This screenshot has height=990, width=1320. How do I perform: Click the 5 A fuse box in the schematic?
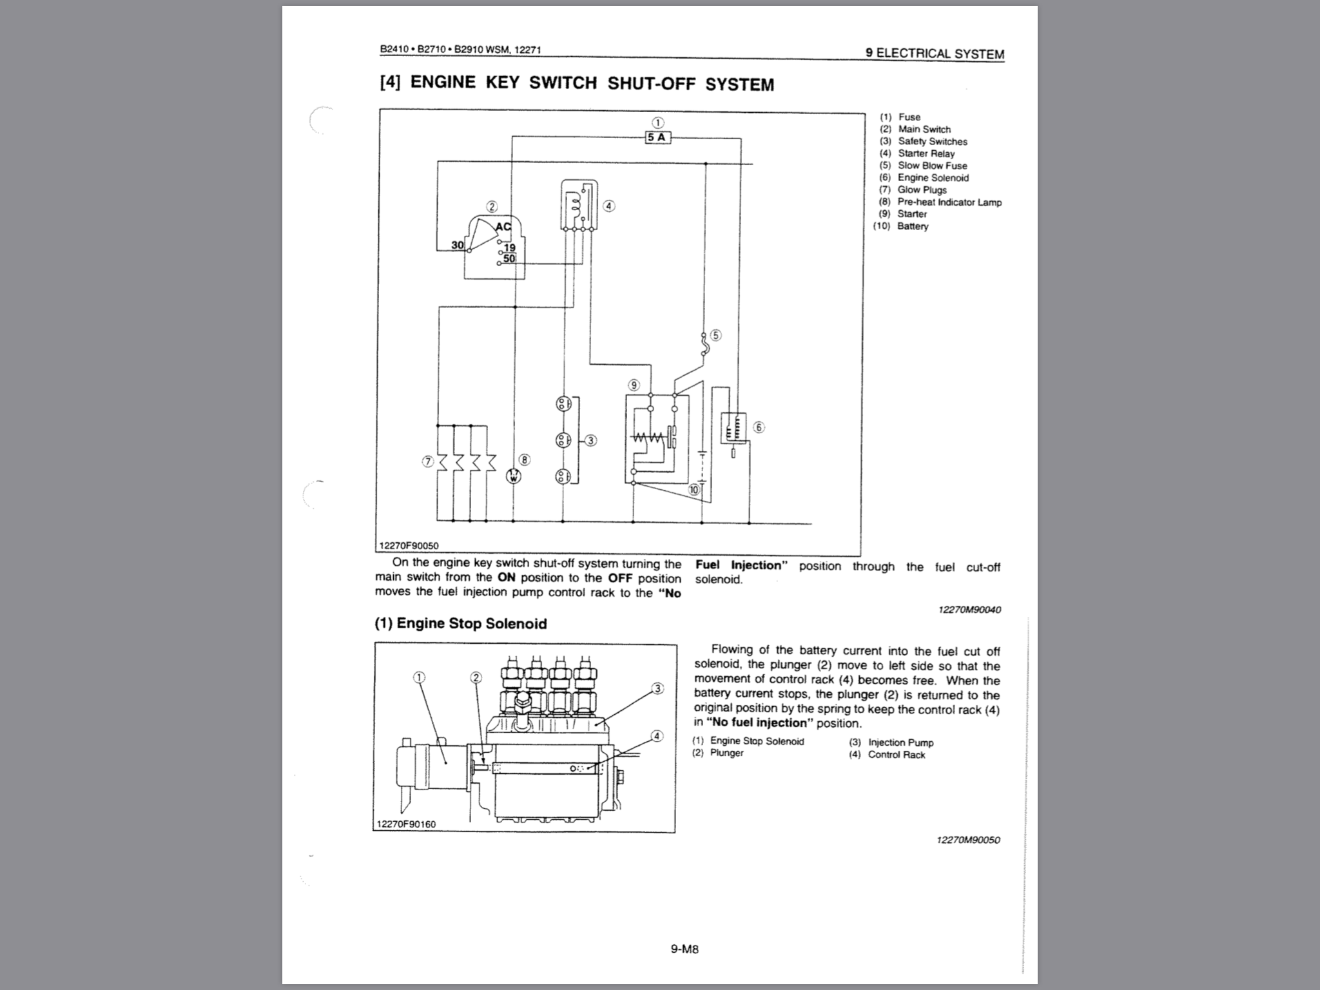pos(657,137)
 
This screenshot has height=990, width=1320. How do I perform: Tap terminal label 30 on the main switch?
pos(457,245)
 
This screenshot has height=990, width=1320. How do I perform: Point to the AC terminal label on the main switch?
pos(503,227)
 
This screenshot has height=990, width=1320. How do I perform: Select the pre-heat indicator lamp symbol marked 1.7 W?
pos(514,476)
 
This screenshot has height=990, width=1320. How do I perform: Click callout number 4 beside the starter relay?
pos(609,206)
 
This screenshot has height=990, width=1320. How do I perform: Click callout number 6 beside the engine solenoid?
pos(759,427)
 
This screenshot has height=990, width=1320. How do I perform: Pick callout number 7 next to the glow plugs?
pos(427,461)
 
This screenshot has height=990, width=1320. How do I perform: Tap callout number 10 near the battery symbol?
pos(694,490)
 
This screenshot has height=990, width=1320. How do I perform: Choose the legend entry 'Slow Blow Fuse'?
pos(932,166)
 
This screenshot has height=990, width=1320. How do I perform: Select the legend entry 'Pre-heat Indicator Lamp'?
pos(949,202)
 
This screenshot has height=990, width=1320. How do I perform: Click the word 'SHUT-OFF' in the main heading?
pos(651,84)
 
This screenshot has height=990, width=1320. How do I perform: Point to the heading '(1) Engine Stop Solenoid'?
pos(461,623)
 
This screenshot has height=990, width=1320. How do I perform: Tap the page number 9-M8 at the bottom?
pos(684,949)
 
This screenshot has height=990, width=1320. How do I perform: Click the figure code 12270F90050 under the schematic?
pos(409,546)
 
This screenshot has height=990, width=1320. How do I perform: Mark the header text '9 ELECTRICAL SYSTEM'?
pos(935,53)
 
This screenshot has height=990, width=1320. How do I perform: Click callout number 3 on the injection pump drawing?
pos(657,688)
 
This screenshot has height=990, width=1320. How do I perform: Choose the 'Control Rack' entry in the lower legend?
pos(896,755)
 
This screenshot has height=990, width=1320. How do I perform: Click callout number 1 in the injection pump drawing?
pos(420,677)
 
